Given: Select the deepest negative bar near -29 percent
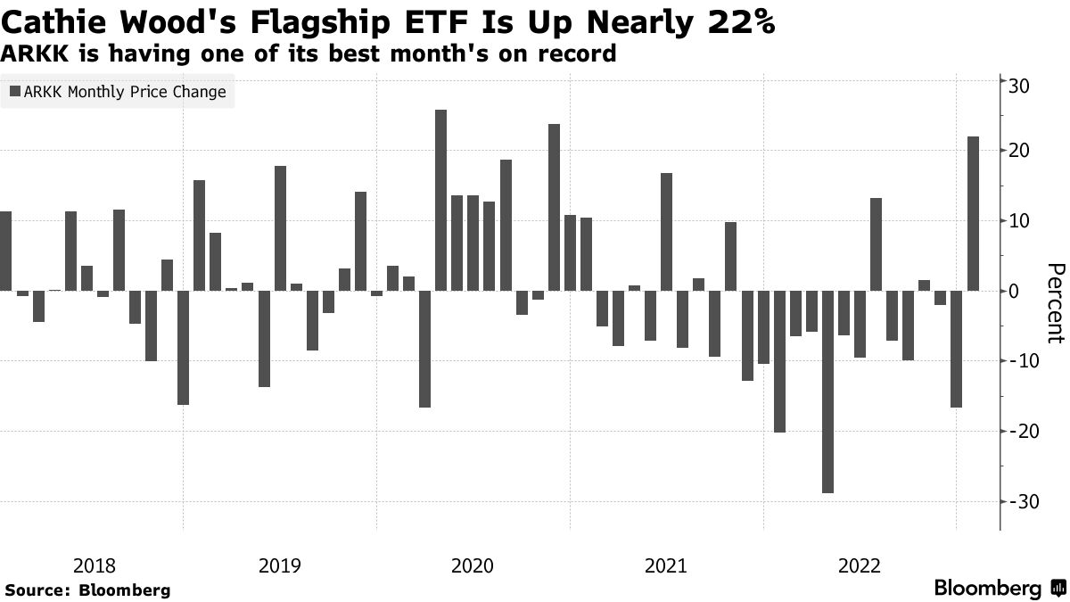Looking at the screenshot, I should click(827, 392).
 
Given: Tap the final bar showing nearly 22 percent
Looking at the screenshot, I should click(973, 213).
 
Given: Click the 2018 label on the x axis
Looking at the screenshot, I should click(95, 565).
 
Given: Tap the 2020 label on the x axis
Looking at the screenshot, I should click(473, 565).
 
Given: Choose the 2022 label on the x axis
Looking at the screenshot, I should click(860, 565).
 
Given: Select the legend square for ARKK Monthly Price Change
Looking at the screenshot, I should click(13, 91).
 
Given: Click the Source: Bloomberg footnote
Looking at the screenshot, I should click(87, 590).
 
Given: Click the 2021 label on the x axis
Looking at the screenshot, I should click(666, 565).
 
